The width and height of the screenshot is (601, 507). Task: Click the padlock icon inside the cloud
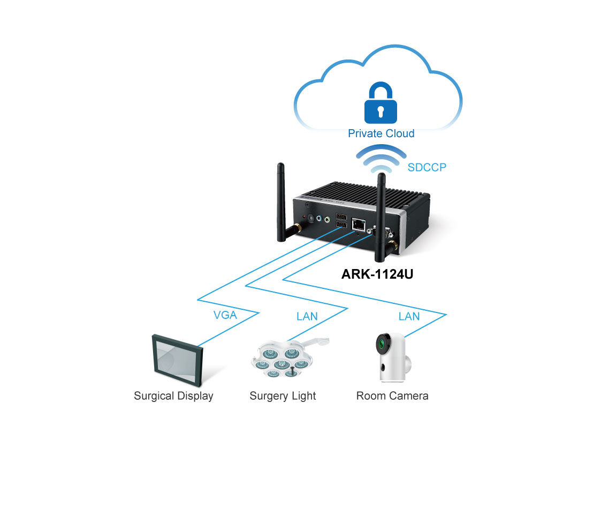[380, 102]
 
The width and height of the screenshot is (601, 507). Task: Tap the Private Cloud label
[381, 133]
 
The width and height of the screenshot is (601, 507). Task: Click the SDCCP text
[427, 167]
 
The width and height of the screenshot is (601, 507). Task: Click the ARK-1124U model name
[377, 274]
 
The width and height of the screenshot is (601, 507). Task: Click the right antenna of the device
[382, 217]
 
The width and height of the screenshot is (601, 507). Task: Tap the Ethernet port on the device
[359, 224]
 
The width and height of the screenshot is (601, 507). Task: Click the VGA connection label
[225, 315]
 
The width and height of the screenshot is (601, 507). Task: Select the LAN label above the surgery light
[307, 316]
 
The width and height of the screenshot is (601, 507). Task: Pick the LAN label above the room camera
[409, 316]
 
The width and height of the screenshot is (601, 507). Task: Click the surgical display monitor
[178, 360]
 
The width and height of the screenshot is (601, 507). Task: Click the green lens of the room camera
[382, 344]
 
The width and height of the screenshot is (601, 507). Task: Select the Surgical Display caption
[173, 396]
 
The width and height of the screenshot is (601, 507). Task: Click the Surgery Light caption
[283, 396]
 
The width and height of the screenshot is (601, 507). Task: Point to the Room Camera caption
[392, 396]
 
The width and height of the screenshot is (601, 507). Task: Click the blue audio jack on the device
[319, 218]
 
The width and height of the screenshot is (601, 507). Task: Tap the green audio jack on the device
[327, 220]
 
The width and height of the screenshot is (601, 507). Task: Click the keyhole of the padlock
[381, 111]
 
